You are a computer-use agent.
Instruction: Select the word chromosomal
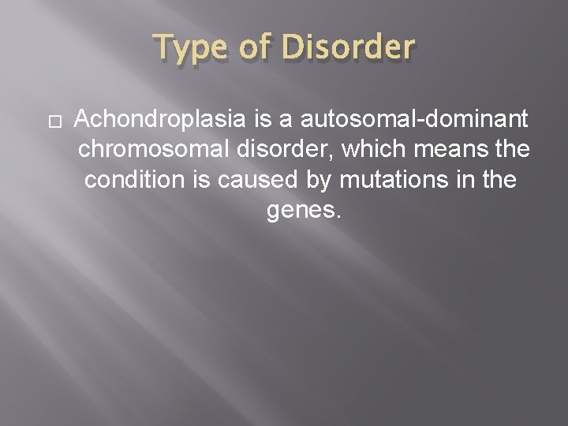(x=151, y=151)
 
